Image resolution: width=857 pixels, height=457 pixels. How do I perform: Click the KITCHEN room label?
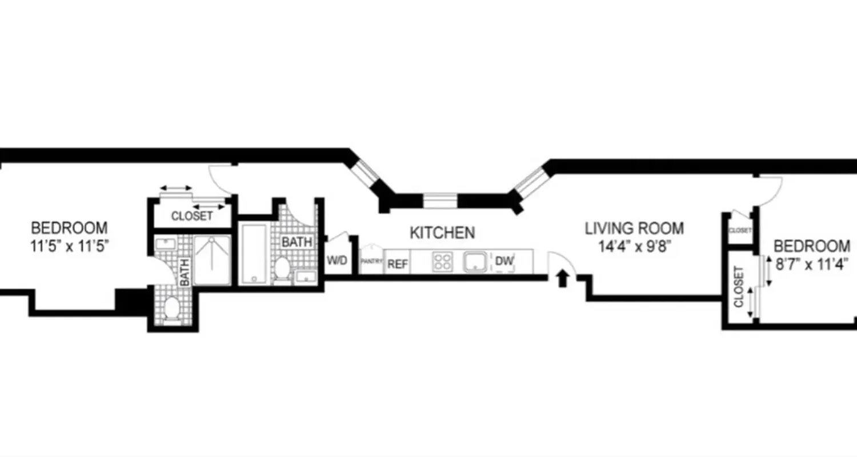coord(442,233)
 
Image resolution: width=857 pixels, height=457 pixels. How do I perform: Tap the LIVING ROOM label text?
coord(634,229)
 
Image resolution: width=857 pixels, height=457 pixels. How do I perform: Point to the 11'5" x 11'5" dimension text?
coord(69,247)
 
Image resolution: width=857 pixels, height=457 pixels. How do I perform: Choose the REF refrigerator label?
coord(398,264)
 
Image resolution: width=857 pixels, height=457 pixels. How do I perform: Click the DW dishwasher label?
coord(504,261)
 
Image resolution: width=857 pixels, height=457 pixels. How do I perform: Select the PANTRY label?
coord(371,261)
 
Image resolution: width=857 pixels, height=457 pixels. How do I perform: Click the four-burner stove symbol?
coord(442,262)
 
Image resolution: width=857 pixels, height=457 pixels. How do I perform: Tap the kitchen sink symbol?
coord(475,262)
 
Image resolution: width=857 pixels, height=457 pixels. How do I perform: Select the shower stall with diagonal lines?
coord(213,259)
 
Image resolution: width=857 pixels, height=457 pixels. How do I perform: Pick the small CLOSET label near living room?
coord(740,230)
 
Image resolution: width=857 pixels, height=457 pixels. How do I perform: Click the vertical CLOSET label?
coord(739,286)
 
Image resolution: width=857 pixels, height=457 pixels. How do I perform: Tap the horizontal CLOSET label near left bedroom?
coord(192,217)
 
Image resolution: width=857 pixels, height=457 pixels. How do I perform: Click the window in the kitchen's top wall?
coord(440,201)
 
